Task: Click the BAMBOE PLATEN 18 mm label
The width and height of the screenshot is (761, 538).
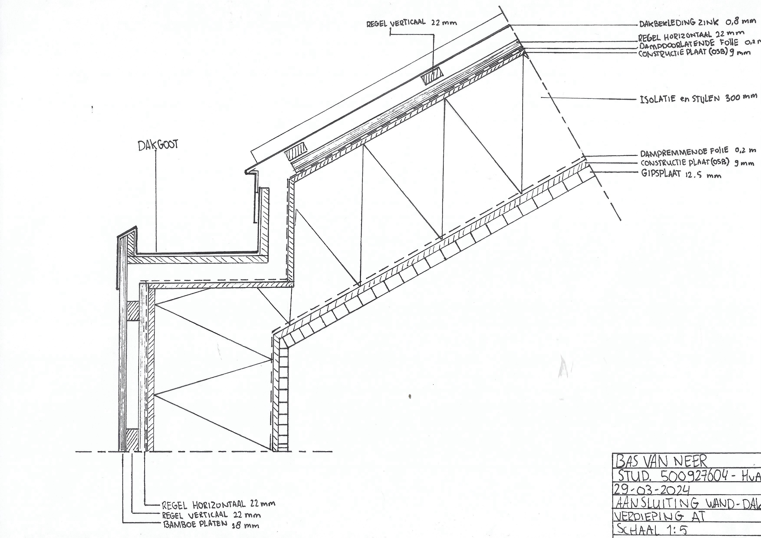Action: pos(211,524)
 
